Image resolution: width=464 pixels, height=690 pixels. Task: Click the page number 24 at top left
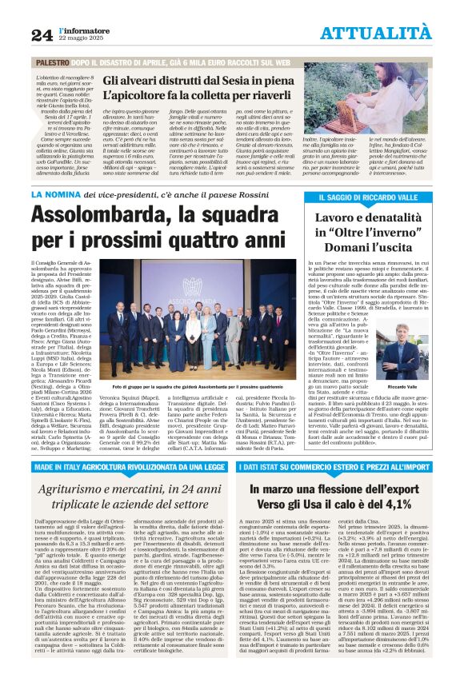pos(42,34)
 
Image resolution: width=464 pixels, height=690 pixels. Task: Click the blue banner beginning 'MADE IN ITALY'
pos(126,465)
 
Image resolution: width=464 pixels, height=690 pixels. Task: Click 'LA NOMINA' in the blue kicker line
pos(53,193)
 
